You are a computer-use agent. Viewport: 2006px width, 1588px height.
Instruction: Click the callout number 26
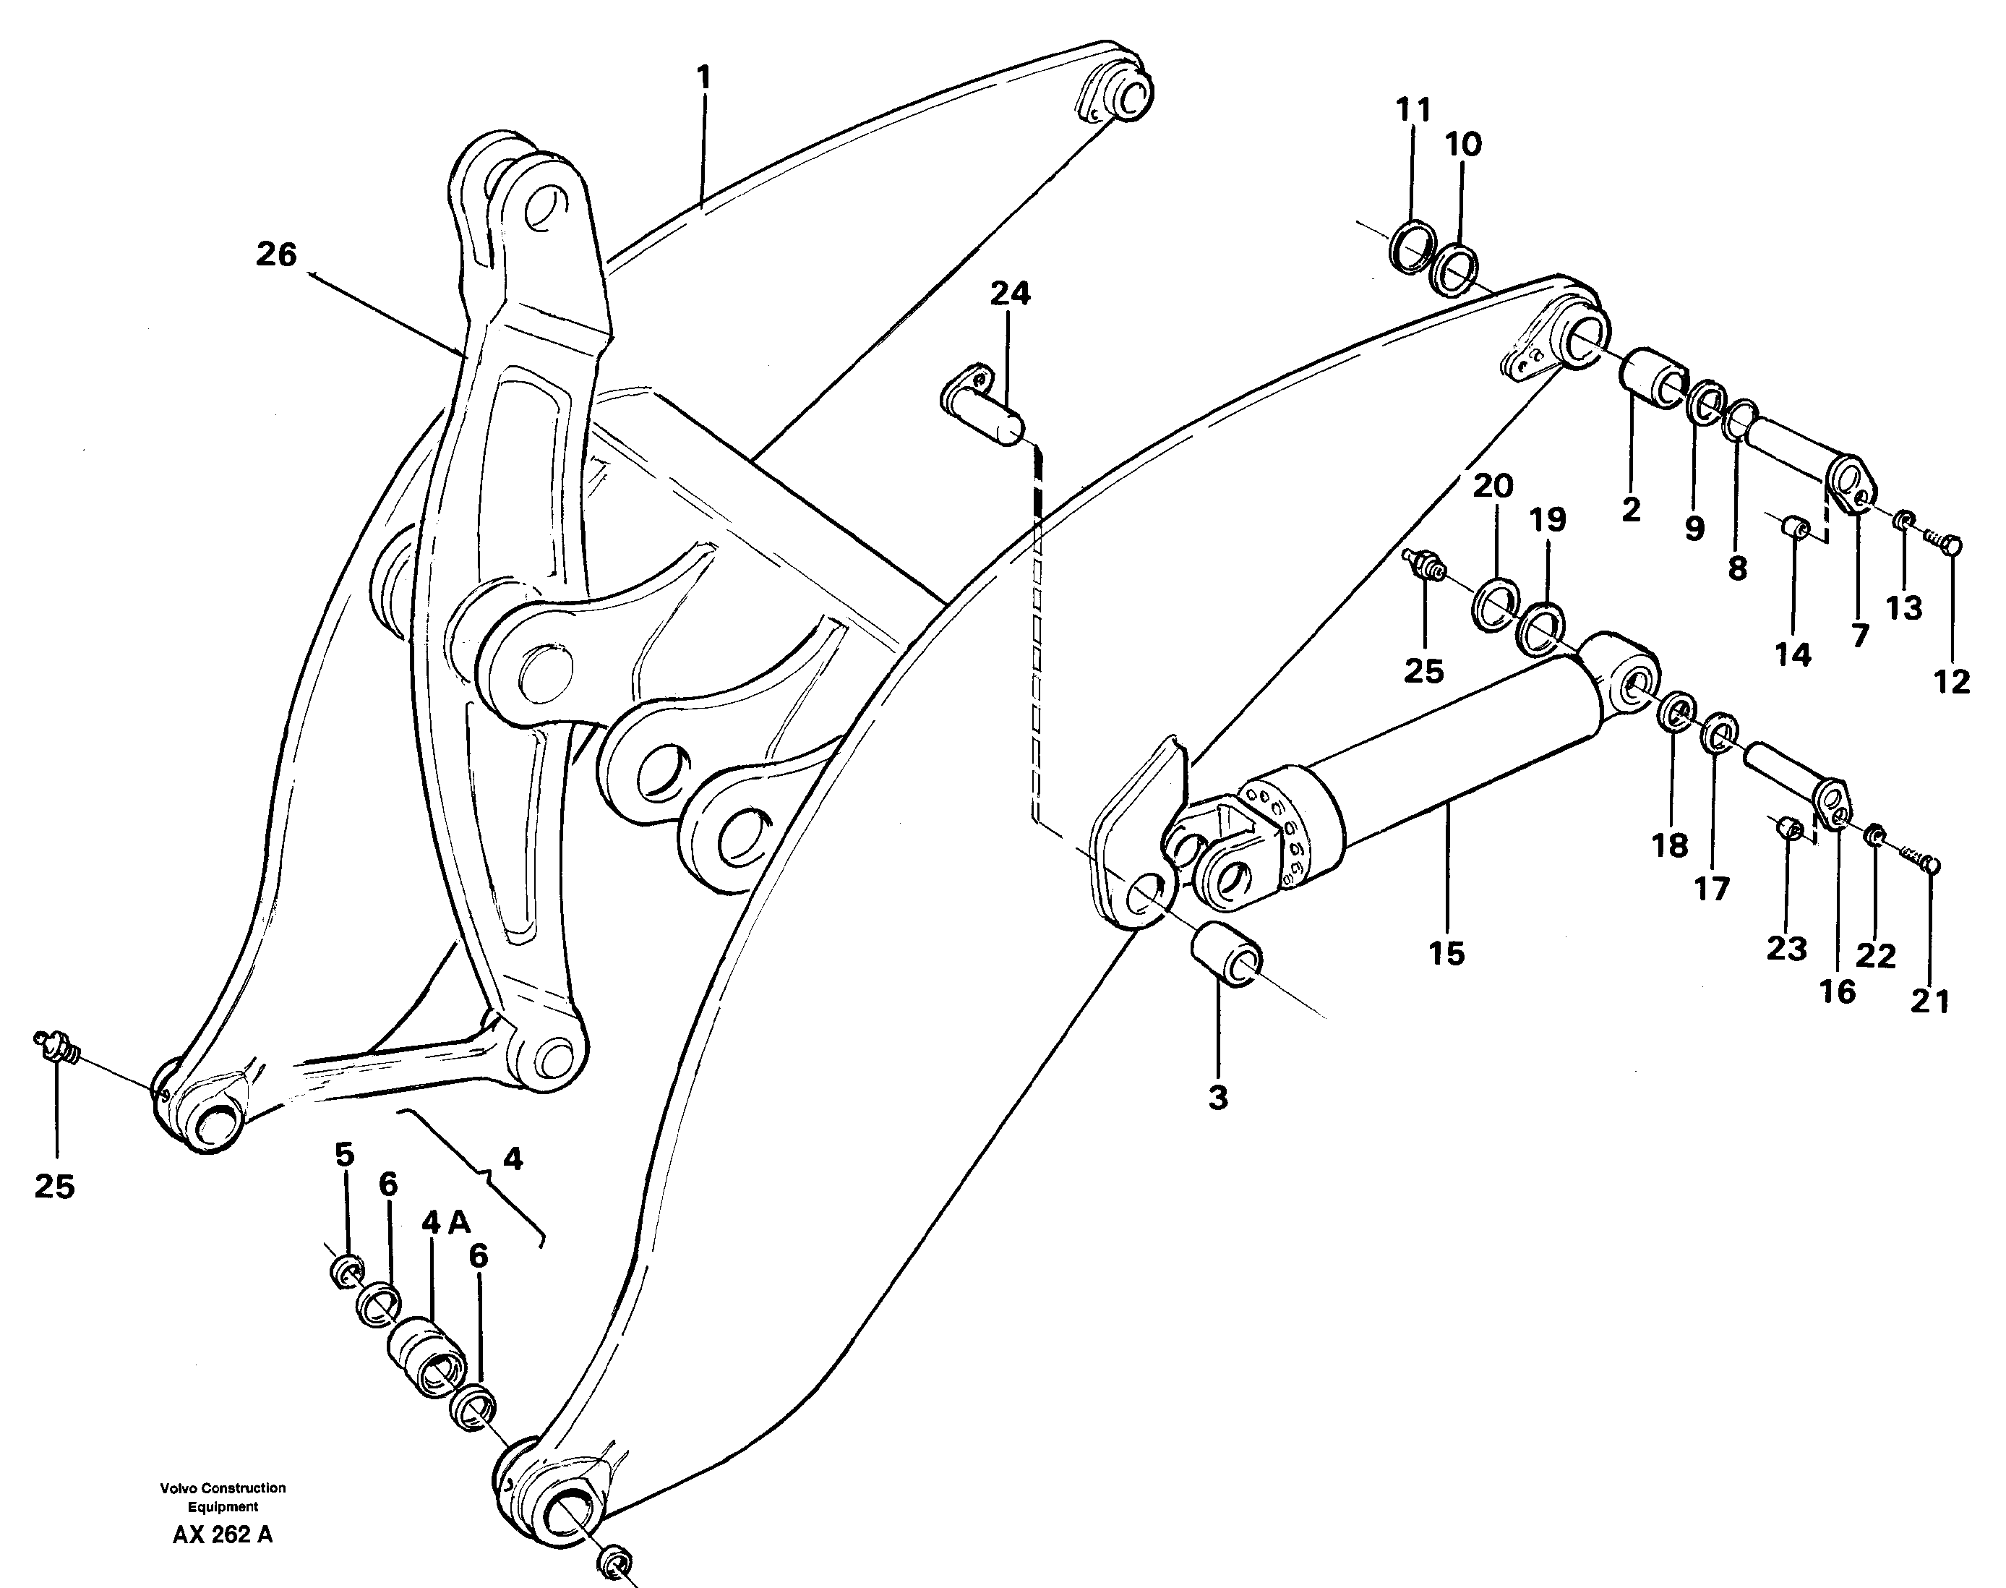click(276, 254)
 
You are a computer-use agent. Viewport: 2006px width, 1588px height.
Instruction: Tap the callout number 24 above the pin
click(1010, 294)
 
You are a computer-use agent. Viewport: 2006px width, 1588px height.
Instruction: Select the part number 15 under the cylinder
click(1446, 953)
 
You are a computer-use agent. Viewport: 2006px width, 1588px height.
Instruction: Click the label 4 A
click(445, 1224)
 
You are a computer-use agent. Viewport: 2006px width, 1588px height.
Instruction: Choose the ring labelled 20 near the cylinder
click(1495, 602)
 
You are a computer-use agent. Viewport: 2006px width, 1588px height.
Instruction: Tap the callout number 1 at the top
click(703, 77)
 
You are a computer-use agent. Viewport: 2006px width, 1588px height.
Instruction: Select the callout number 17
click(1711, 889)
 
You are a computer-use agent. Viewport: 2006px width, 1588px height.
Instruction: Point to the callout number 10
click(1463, 144)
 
